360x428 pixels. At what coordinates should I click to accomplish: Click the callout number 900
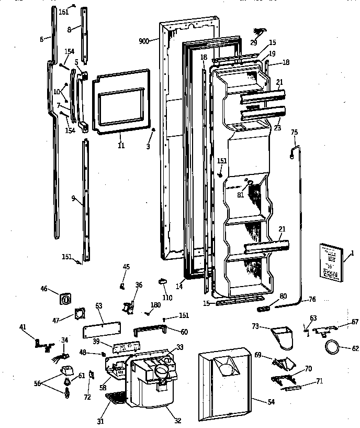tap(144, 41)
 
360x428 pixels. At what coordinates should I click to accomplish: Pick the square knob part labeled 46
tap(66, 300)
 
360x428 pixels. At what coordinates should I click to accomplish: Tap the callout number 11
tap(121, 145)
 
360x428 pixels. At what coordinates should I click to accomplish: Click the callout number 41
tap(22, 327)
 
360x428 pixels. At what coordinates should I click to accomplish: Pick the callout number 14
tap(179, 287)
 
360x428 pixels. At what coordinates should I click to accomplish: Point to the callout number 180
tap(156, 305)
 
